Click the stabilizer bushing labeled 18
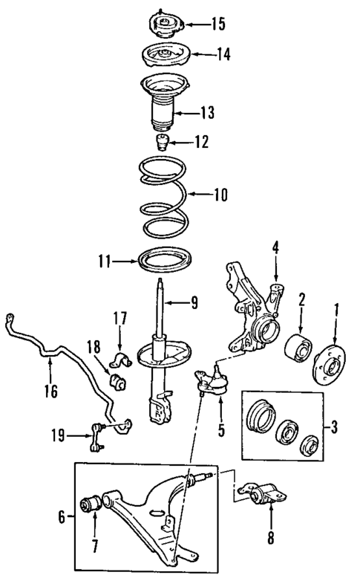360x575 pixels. (116, 382)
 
